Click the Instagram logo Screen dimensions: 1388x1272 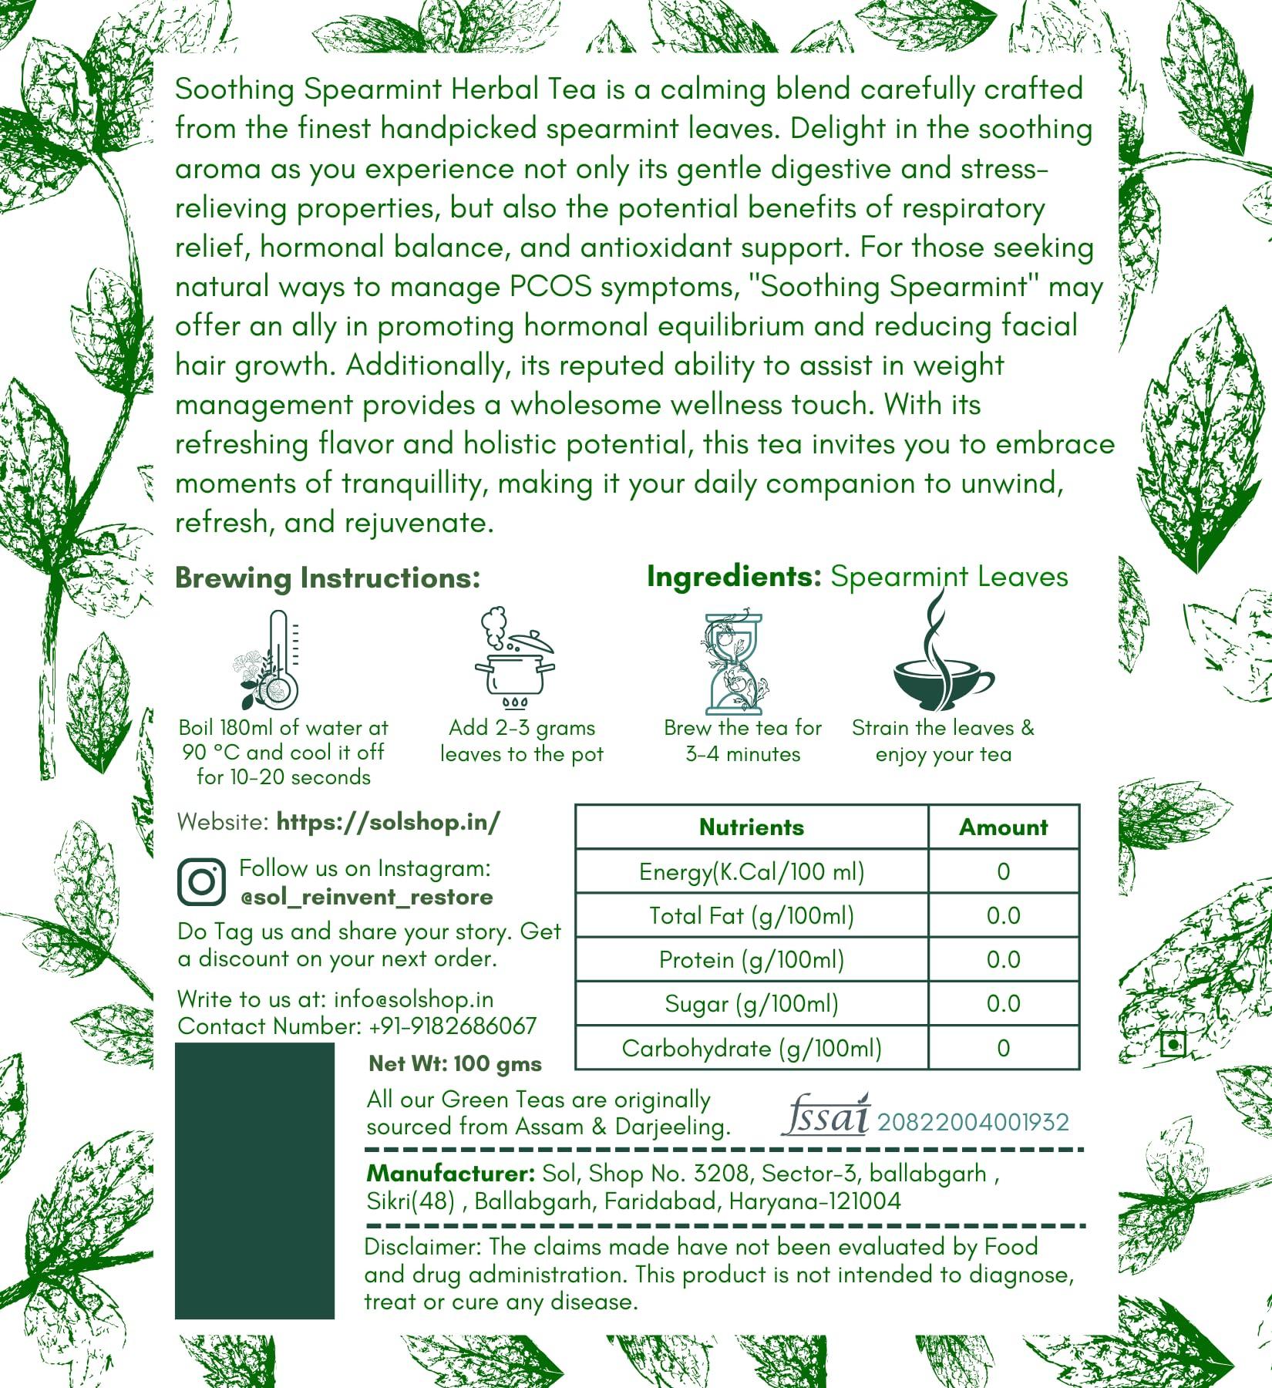pos(202,881)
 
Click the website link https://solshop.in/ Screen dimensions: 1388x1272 pos(388,822)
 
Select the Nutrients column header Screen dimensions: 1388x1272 pos(751,827)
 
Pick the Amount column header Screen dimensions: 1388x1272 pos(1003,827)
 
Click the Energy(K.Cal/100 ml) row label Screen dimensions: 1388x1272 pos(751,871)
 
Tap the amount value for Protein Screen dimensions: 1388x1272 pos(1003,959)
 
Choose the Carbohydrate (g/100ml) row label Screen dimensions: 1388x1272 pos(751,1048)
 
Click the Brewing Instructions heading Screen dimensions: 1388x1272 pos(328,578)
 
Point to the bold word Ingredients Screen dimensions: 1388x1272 pos(734,577)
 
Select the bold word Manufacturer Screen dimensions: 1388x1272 pos(450,1174)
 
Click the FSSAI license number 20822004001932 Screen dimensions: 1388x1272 pos(973,1122)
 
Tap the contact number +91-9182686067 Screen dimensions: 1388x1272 pos(453,1026)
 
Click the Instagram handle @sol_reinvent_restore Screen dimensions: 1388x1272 pos(366,897)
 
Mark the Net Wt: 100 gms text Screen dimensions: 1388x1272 pos(455,1064)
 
